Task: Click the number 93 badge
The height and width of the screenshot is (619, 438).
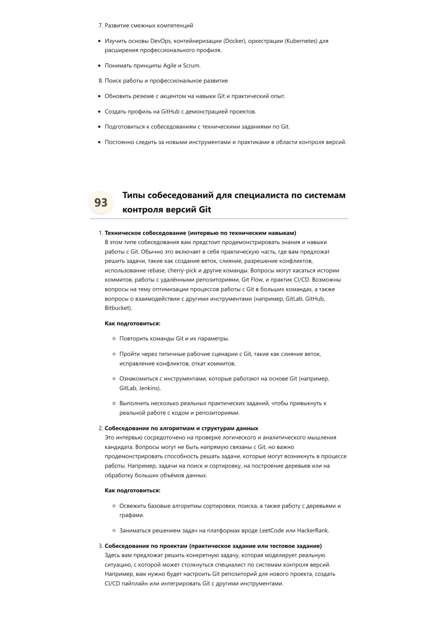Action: [101, 202]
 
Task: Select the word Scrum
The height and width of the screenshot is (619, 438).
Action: [191, 66]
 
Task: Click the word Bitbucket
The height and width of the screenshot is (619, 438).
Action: [117, 308]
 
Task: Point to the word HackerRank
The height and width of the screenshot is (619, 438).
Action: [313, 530]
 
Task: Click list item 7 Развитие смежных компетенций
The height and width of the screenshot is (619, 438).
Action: [149, 25]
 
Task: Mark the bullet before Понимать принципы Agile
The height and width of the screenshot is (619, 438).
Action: [99, 66]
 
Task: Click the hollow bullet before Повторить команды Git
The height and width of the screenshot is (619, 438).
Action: [114, 339]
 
